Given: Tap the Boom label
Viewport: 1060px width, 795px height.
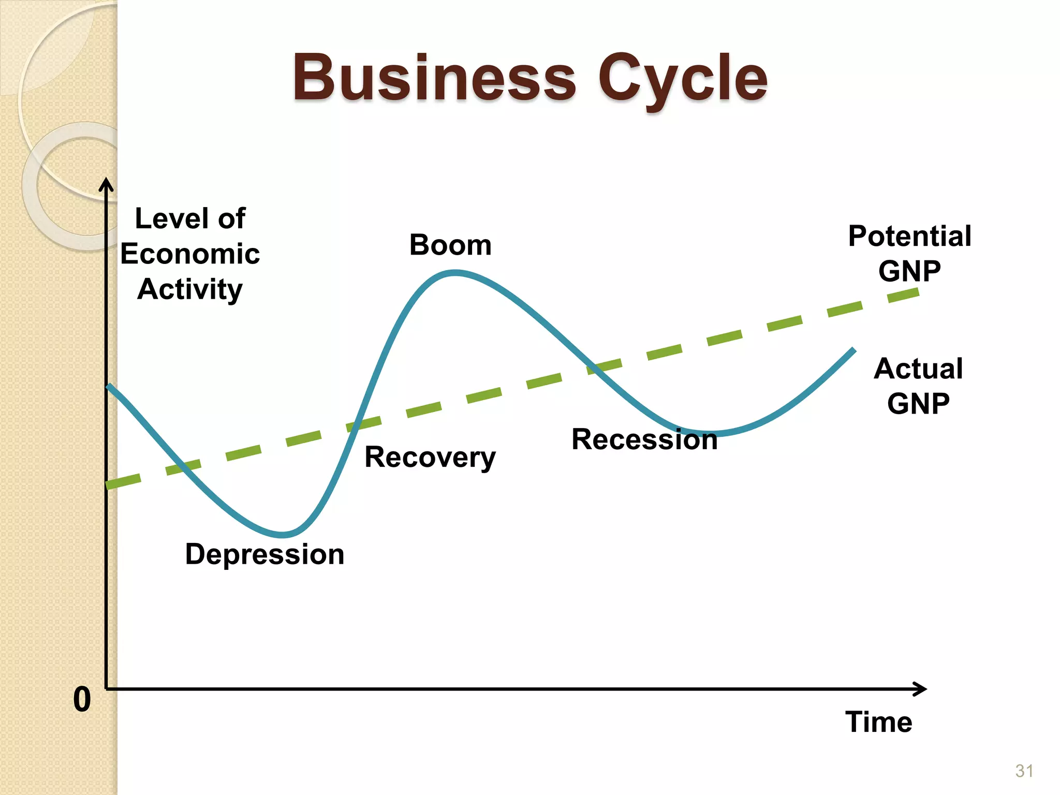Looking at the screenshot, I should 450,245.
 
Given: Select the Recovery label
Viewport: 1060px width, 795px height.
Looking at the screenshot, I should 430,458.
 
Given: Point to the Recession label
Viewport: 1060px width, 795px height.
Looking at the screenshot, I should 644,439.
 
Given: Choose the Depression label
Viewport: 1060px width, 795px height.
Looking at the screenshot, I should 264,554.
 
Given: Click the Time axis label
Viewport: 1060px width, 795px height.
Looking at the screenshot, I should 878,722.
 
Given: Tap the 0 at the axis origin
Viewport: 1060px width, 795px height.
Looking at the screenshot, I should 82,700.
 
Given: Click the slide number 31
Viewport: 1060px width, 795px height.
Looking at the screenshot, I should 1024,771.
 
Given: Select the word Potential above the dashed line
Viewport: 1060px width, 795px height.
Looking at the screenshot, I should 909,237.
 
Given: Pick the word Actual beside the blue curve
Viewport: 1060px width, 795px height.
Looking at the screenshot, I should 918,369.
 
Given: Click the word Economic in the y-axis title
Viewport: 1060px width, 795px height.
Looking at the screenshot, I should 190,254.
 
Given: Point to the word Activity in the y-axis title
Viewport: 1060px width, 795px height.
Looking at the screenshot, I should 190,289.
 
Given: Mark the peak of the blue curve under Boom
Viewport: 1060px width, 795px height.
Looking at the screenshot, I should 454,273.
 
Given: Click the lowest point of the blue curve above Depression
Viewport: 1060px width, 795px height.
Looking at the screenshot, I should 282,534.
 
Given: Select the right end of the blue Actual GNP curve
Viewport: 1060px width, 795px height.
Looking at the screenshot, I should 853,351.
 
